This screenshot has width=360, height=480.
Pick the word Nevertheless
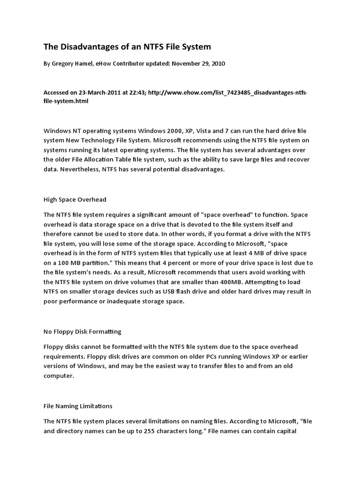[x=80, y=170]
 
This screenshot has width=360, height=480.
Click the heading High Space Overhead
[x=75, y=200]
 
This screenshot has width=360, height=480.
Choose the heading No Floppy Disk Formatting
[x=82, y=331]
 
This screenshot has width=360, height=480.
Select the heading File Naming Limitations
[x=78, y=406]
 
